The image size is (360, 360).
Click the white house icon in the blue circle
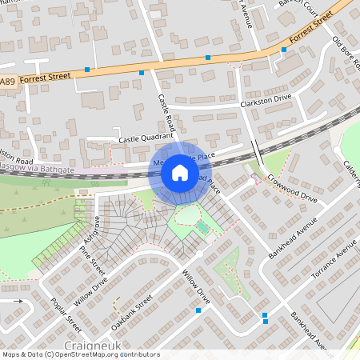pos(180,171)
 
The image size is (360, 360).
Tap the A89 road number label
pos(7,82)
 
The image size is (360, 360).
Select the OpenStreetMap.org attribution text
pos(104,354)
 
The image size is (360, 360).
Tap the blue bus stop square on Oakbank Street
pos(198,310)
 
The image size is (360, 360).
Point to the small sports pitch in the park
pos(203,229)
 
